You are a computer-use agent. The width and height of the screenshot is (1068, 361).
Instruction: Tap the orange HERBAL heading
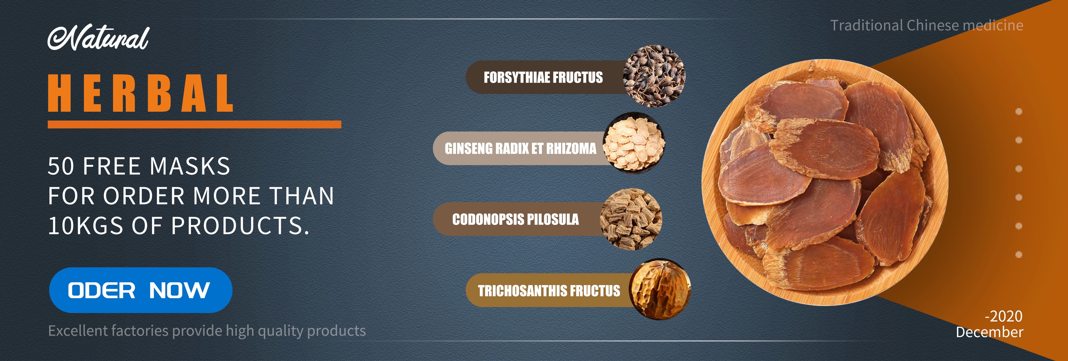(x=140, y=93)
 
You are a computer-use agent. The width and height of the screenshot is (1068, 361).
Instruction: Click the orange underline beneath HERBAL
(x=194, y=124)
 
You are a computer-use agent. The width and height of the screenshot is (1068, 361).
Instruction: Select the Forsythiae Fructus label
(x=543, y=77)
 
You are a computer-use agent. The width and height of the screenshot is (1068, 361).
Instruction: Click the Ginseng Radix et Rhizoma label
(x=520, y=148)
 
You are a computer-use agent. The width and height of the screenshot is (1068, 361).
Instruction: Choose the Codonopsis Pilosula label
(x=515, y=219)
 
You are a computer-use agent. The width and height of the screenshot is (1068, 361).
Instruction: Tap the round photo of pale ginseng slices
(x=633, y=143)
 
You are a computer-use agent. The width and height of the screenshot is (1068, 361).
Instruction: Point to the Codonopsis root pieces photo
(x=631, y=219)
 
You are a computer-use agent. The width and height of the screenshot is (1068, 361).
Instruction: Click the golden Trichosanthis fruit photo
(x=660, y=290)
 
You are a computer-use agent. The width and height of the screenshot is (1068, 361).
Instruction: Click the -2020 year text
(x=1004, y=316)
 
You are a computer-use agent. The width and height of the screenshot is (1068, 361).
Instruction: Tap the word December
(x=989, y=332)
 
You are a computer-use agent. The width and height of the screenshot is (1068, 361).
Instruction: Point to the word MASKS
(x=190, y=167)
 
